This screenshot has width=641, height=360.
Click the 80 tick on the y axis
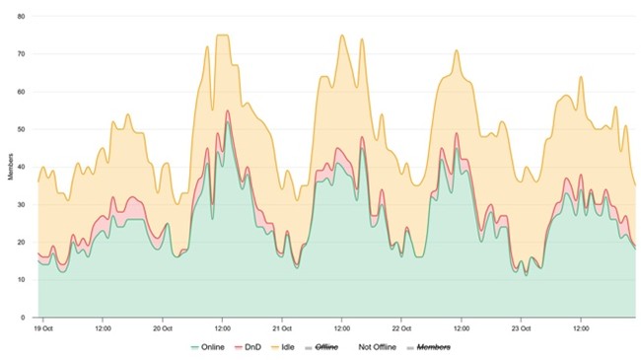(x=24, y=17)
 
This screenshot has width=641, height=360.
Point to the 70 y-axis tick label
(x=24, y=54)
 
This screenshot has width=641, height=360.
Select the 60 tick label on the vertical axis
(x=24, y=92)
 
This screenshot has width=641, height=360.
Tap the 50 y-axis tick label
(x=24, y=129)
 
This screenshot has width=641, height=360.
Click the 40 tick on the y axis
(x=24, y=167)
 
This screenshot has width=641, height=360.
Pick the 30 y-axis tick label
(x=24, y=204)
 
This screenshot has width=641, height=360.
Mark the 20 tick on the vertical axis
(x=24, y=242)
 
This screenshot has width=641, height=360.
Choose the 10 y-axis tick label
(x=24, y=280)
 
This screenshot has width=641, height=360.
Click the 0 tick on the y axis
(x=26, y=318)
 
